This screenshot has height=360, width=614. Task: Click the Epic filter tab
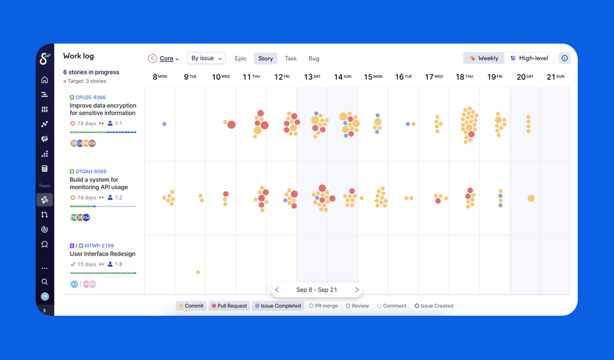(241, 59)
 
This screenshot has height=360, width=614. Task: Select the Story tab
(265, 59)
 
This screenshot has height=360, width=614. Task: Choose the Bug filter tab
(314, 59)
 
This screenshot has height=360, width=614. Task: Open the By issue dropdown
(206, 58)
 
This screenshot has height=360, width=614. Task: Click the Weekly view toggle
(484, 58)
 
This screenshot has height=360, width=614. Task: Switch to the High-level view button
(529, 58)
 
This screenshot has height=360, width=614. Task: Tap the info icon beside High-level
(565, 58)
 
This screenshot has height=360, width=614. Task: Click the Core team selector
(164, 59)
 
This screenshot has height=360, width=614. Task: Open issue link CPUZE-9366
(90, 97)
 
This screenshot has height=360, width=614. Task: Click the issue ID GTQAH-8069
(90, 171)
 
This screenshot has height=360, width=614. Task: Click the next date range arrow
(357, 290)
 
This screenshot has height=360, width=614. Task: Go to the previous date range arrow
(277, 290)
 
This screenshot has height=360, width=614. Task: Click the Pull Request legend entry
(229, 305)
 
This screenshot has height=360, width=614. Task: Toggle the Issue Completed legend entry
(278, 305)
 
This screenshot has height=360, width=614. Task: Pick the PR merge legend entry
(324, 305)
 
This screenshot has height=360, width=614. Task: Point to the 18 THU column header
(464, 77)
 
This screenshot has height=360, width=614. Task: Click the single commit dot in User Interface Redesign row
(198, 272)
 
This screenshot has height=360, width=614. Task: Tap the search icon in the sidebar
(45, 282)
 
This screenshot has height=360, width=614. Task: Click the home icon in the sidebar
(45, 80)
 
